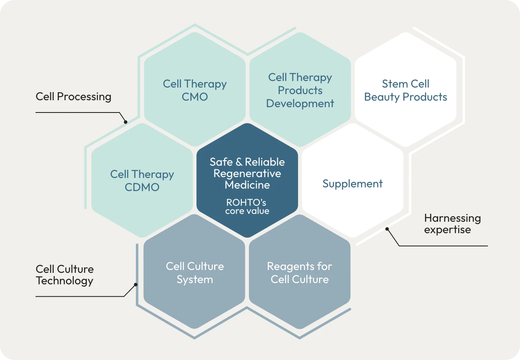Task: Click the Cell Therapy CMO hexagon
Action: (x=195, y=90)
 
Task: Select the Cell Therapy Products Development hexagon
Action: (x=300, y=90)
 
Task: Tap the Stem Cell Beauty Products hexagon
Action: (x=405, y=90)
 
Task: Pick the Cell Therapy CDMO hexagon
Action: (x=142, y=181)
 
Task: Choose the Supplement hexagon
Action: (x=353, y=183)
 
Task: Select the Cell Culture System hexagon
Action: (x=195, y=272)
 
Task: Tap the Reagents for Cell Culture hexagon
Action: (x=300, y=272)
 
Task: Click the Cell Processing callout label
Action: (x=74, y=97)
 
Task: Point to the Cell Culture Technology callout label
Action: (x=65, y=275)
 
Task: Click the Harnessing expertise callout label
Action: (x=452, y=223)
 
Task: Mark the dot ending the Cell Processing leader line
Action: (x=126, y=122)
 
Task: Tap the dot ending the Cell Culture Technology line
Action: (x=136, y=285)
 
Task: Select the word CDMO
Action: (x=142, y=187)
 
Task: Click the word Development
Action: (x=300, y=103)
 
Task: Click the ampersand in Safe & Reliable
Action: (x=239, y=162)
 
